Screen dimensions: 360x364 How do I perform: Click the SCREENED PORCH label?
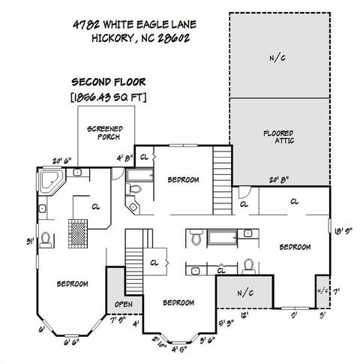point(105,133)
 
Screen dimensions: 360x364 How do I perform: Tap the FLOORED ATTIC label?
point(278,137)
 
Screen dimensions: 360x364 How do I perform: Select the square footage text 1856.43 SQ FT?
point(109,98)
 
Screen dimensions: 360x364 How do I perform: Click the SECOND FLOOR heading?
point(109,82)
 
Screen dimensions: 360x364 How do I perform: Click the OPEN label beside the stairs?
point(124,304)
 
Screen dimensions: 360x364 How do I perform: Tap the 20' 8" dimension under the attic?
point(279,179)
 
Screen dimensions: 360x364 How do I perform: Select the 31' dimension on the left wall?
point(31,242)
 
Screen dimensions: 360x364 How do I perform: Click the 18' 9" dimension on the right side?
point(343,231)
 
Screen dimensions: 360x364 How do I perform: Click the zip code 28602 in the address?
point(174,38)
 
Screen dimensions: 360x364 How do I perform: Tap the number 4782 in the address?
point(86,25)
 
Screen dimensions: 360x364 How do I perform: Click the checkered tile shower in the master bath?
point(78,233)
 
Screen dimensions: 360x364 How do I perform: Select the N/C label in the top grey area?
point(277,59)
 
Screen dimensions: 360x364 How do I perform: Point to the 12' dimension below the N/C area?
point(244,315)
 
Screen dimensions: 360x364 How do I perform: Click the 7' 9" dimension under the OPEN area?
point(118,320)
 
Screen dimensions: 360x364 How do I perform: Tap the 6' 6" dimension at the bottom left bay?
point(71,342)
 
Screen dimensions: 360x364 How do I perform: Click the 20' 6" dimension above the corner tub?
point(62,161)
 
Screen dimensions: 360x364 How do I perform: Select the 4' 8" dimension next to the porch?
point(124,158)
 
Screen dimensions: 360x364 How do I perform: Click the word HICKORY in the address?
point(112,38)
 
